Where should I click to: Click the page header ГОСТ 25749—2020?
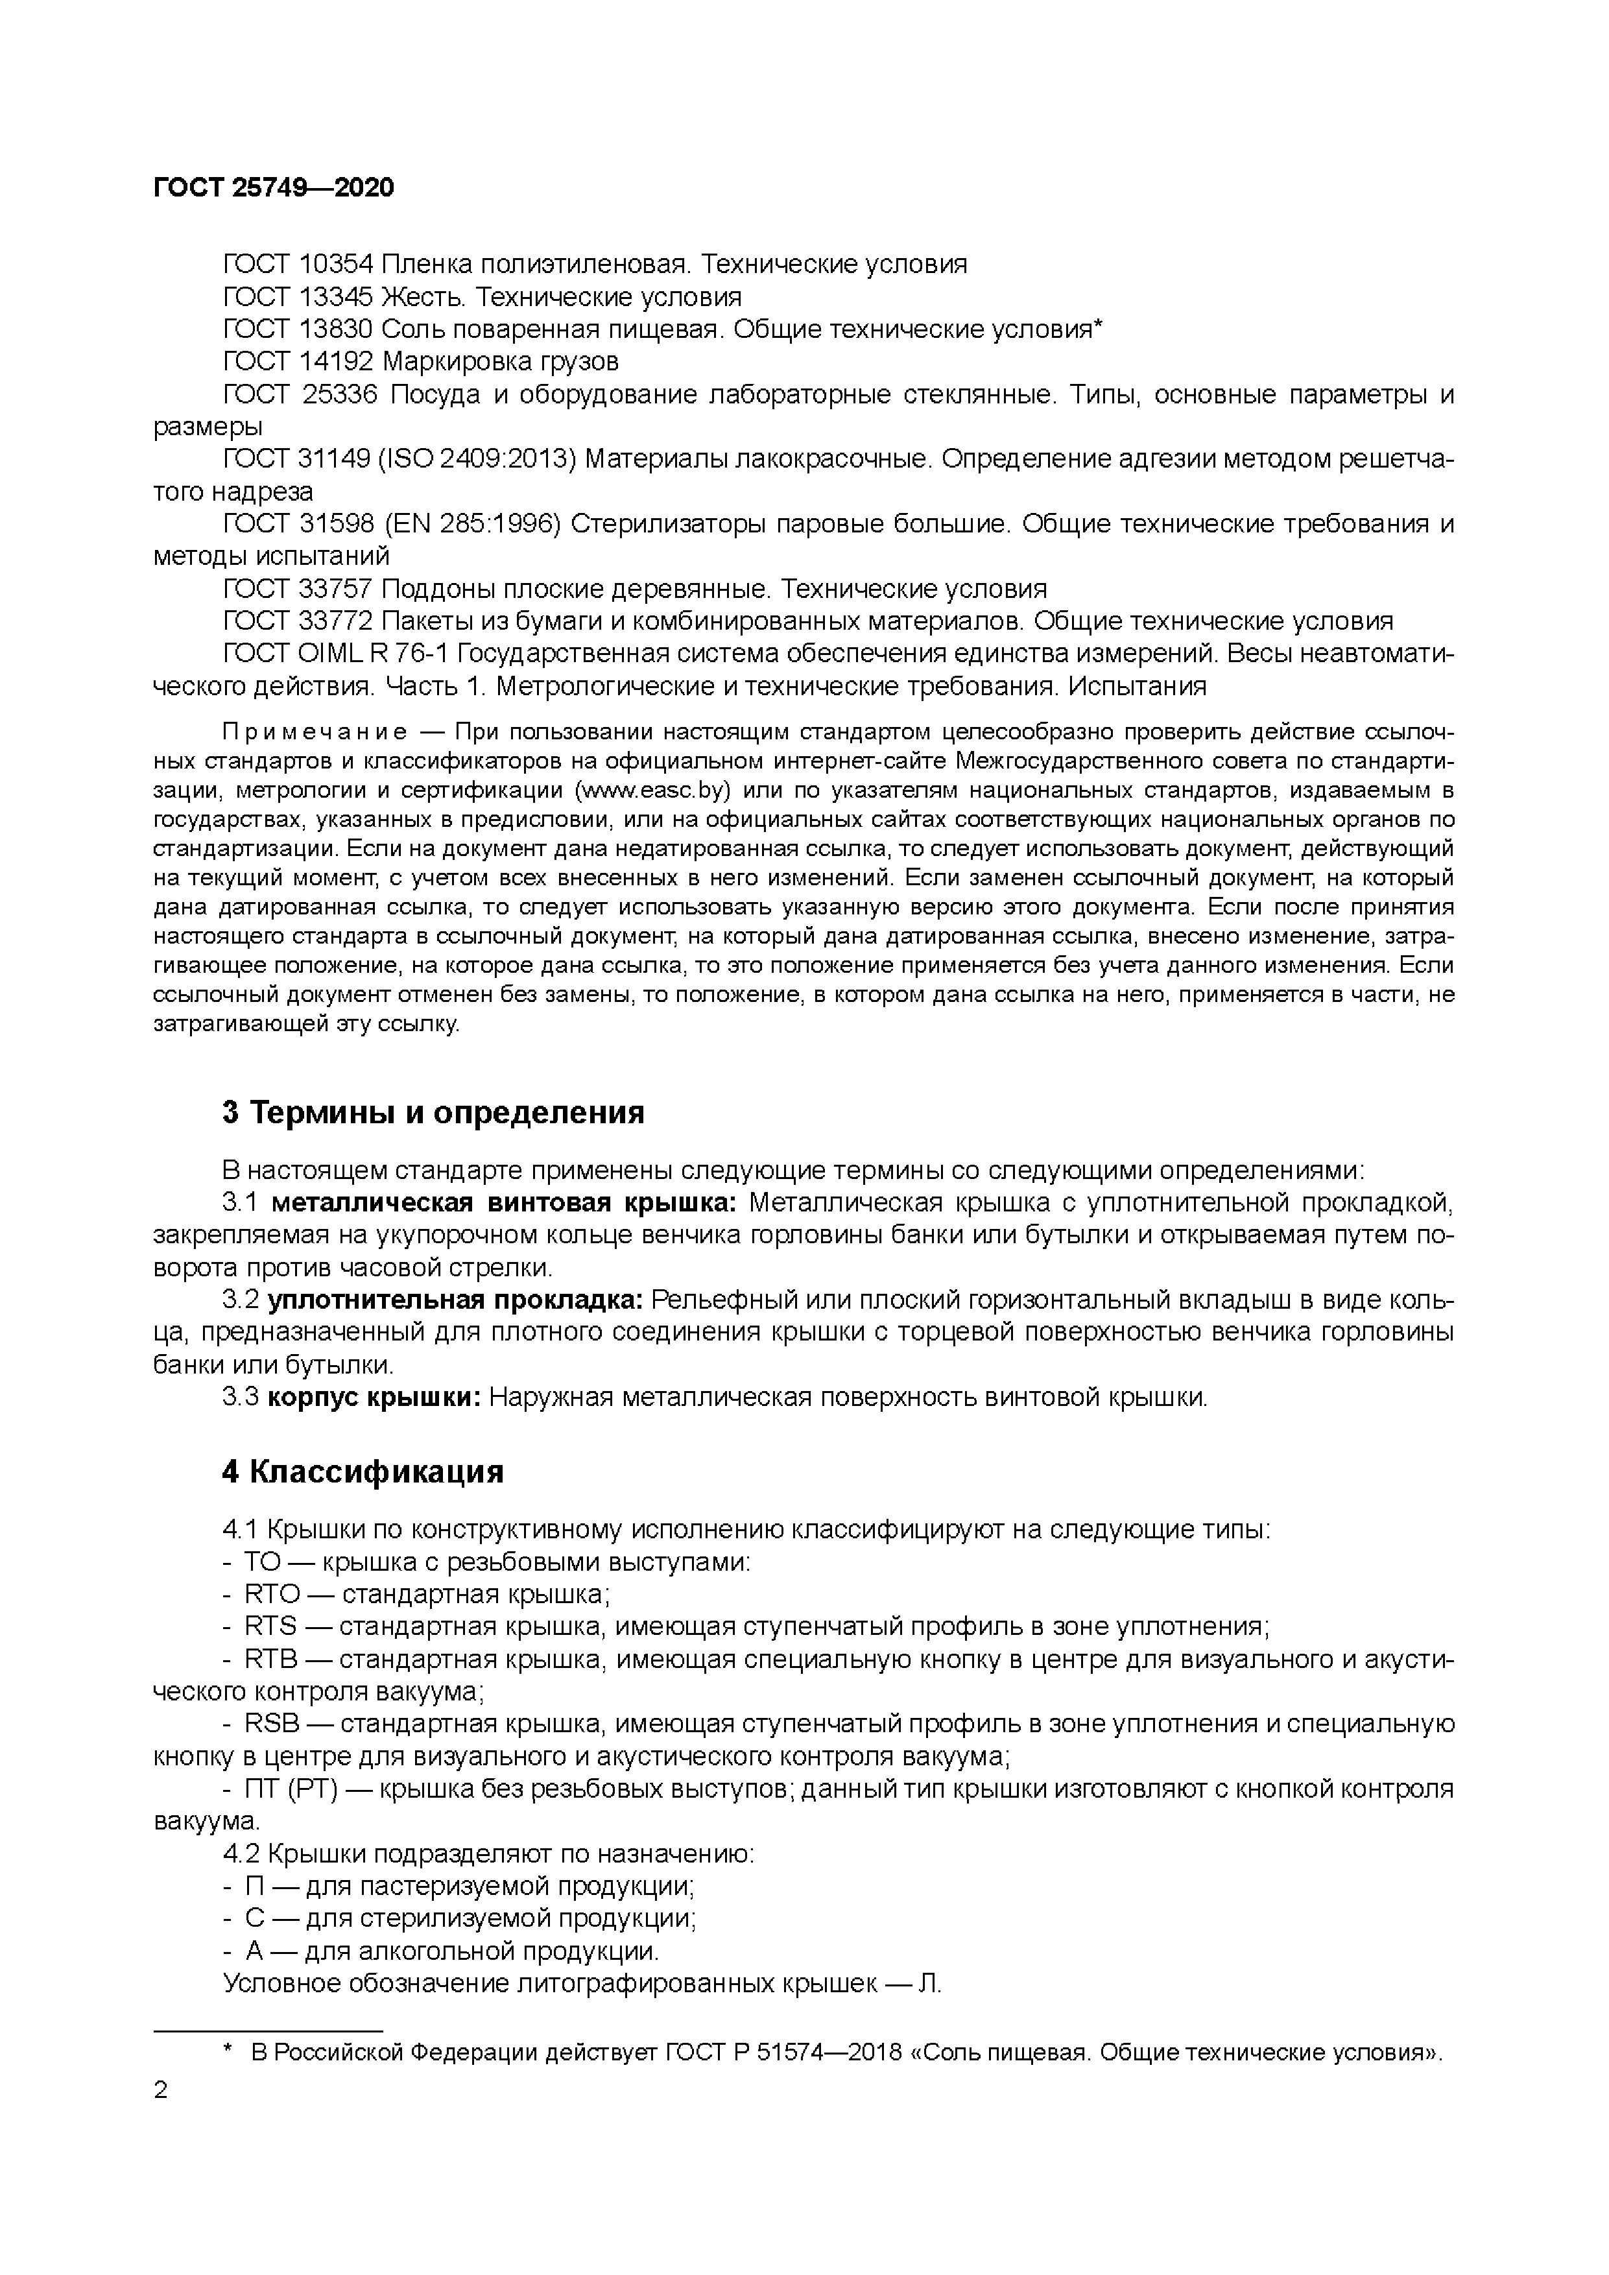click(274, 187)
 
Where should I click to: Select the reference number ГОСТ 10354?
click(297, 265)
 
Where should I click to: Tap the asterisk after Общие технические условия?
click(1098, 327)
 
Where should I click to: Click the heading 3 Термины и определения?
click(433, 1113)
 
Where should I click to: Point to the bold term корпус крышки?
click(374, 1398)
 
